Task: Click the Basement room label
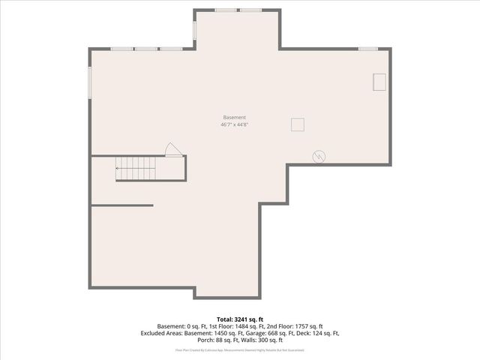(x=234, y=117)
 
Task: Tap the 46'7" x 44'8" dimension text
(x=234, y=125)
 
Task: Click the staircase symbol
(x=135, y=169)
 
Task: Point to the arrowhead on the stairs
(x=117, y=169)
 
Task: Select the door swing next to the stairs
(x=172, y=149)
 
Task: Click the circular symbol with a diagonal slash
(x=319, y=156)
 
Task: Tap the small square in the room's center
(x=298, y=124)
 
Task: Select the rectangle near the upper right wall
(x=380, y=82)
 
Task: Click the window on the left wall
(x=90, y=82)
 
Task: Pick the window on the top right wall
(x=367, y=49)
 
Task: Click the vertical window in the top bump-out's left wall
(x=195, y=30)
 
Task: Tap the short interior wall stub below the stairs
(x=121, y=205)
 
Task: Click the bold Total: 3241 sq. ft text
(x=239, y=319)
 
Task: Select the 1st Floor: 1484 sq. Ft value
(x=229, y=326)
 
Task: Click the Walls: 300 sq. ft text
(x=258, y=340)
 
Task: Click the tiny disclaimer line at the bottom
(x=239, y=349)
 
